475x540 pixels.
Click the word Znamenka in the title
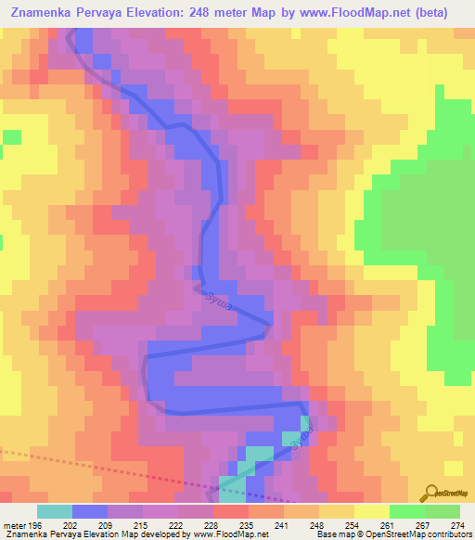click(46, 13)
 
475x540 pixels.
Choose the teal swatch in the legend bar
click(54, 512)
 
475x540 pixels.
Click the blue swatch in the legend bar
click(89, 512)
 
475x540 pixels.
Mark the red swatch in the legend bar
click(230, 512)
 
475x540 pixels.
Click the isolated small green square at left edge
click(11, 137)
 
